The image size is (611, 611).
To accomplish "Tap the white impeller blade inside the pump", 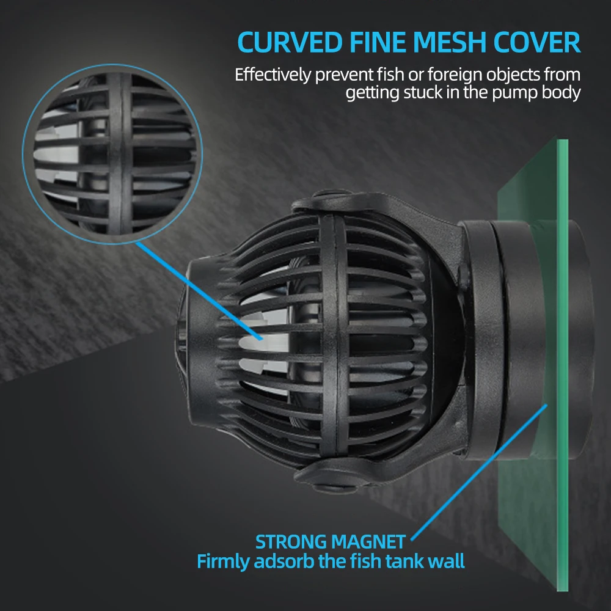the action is (257, 342).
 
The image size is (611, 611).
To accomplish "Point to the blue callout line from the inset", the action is (196, 287).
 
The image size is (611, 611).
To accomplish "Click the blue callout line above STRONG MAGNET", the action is (477, 470).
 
